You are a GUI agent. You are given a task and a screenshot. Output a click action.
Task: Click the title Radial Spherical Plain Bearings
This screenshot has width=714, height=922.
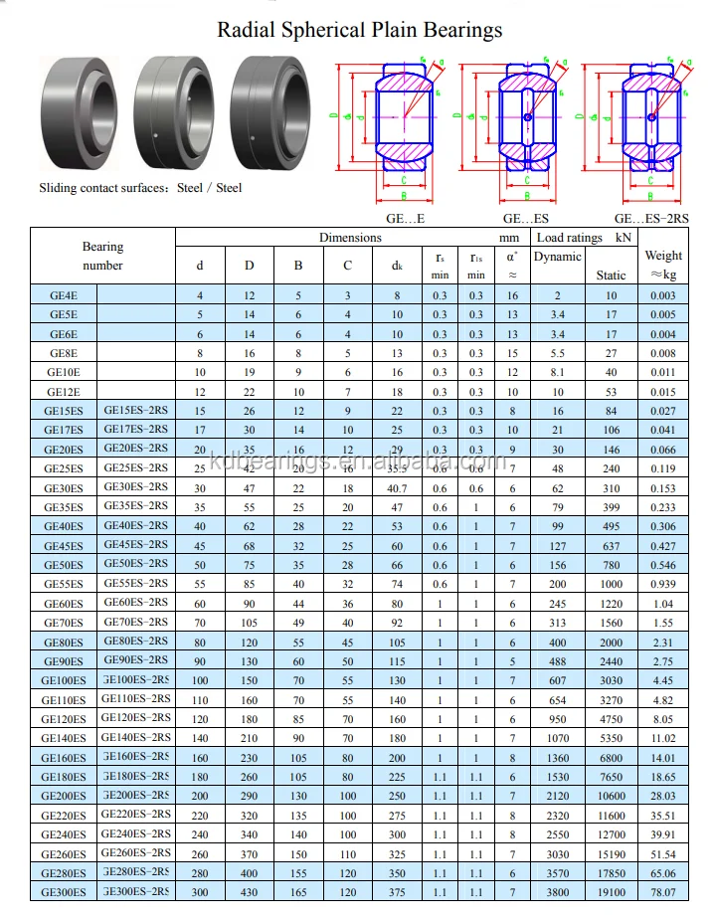pos(360,30)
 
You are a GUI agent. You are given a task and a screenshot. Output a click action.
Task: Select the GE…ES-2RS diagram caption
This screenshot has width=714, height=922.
pos(652,218)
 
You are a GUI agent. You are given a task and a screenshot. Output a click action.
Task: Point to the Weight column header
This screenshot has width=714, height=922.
pos(663,264)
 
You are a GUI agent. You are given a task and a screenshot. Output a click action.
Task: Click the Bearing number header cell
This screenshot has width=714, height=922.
pos(102,256)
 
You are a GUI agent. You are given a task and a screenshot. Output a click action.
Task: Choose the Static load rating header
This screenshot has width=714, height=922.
pos(611,276)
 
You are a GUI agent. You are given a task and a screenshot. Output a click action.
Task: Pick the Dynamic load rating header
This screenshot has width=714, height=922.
pos(558,257)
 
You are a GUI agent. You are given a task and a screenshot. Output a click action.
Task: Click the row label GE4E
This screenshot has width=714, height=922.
pos(64,295)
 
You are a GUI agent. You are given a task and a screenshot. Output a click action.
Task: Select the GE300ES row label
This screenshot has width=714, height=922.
pos(64,892)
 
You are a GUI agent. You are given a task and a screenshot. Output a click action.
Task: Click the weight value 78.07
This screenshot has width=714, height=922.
pos(663,892)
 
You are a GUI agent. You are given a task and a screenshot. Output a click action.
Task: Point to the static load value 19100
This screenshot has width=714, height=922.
pos(611,892)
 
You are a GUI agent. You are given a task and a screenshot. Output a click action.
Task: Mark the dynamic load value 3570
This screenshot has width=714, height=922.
pos(558,872)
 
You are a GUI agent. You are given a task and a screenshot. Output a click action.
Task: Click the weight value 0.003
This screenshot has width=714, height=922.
pos(663,295)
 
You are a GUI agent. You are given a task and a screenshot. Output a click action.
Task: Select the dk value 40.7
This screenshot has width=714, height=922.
pos(397,488)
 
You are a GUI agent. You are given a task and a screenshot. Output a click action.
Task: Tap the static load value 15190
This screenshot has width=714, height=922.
pos(611,853)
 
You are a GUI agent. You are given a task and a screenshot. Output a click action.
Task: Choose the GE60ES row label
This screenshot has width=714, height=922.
pos(64,604)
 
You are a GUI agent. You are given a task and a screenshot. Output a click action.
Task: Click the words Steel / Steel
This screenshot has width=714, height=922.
pos(209,187)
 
